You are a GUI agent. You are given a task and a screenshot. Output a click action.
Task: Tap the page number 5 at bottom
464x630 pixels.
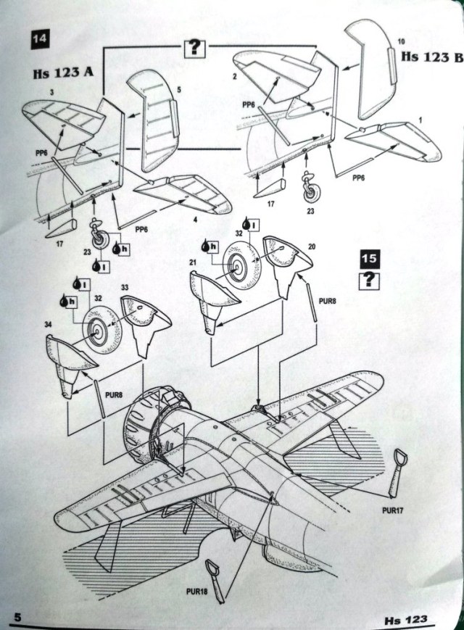16,617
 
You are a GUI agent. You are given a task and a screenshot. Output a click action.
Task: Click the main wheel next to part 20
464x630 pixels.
239,269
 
